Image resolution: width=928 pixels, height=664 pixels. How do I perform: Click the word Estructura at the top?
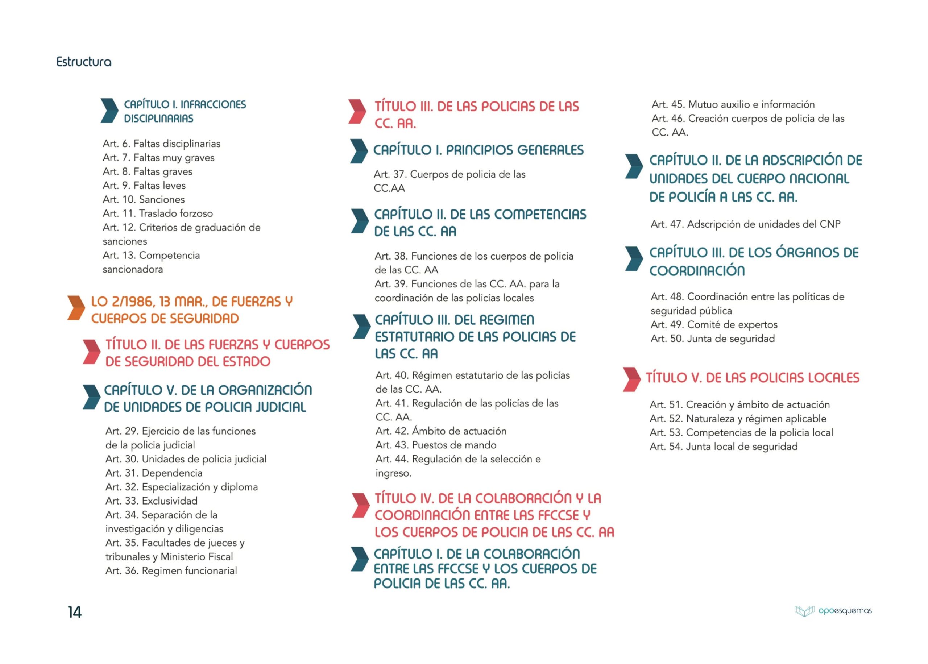84,62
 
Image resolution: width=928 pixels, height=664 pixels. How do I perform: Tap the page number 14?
74,612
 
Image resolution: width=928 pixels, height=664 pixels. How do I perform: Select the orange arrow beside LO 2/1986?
76,307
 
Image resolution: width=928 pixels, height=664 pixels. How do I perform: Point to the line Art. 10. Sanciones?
144,200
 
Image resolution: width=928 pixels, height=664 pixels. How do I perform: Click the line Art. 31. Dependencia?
154,473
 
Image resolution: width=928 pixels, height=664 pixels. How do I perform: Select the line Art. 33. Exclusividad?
151,501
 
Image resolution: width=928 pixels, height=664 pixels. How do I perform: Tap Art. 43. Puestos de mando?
436,445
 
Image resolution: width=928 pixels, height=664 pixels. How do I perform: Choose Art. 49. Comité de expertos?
714,325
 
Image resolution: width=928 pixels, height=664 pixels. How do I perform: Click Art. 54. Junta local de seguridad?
723,447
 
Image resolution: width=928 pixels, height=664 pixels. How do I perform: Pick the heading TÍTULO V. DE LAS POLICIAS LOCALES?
752,378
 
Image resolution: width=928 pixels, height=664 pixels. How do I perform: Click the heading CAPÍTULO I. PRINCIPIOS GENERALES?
478,150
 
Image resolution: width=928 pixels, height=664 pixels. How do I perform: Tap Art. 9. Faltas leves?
144,186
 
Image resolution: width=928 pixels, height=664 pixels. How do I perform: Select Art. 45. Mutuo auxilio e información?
733,104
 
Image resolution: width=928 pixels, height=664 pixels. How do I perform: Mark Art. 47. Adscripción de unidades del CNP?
745,224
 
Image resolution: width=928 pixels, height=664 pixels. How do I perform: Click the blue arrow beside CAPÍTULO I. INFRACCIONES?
109,111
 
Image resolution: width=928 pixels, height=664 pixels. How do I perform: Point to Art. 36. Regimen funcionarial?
171,571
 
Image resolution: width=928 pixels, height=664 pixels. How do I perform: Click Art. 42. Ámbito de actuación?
441,431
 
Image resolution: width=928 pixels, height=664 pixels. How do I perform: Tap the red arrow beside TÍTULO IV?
361,505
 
